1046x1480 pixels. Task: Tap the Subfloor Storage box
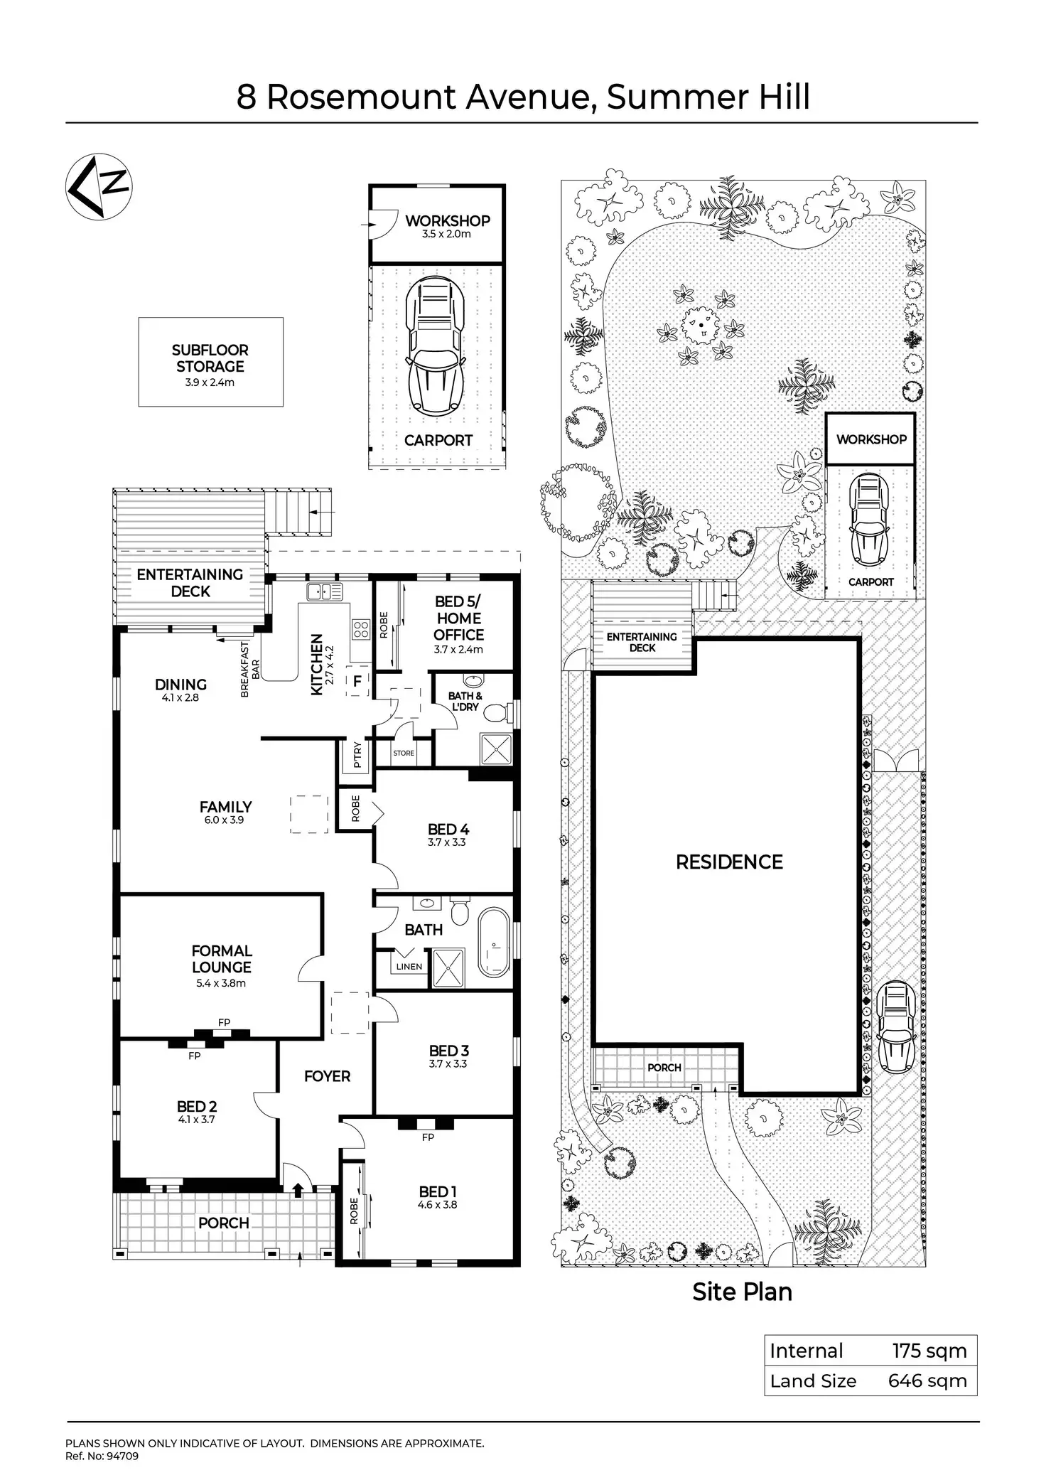210,362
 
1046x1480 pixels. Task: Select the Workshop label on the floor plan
448,221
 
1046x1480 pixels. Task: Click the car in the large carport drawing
434,348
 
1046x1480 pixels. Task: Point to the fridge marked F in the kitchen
357,682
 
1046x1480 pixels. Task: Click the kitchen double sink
325,591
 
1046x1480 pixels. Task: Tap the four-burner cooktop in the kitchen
361,628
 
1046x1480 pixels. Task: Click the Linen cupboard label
409,967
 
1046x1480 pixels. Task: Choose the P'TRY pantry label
357,754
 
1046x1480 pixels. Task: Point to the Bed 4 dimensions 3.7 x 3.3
447,842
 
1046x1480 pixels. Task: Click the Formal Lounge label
222,959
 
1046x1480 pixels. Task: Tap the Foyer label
327,1076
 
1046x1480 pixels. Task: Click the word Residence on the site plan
729,862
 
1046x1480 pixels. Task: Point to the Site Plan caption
742,1292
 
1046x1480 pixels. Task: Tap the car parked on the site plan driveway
895,1026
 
